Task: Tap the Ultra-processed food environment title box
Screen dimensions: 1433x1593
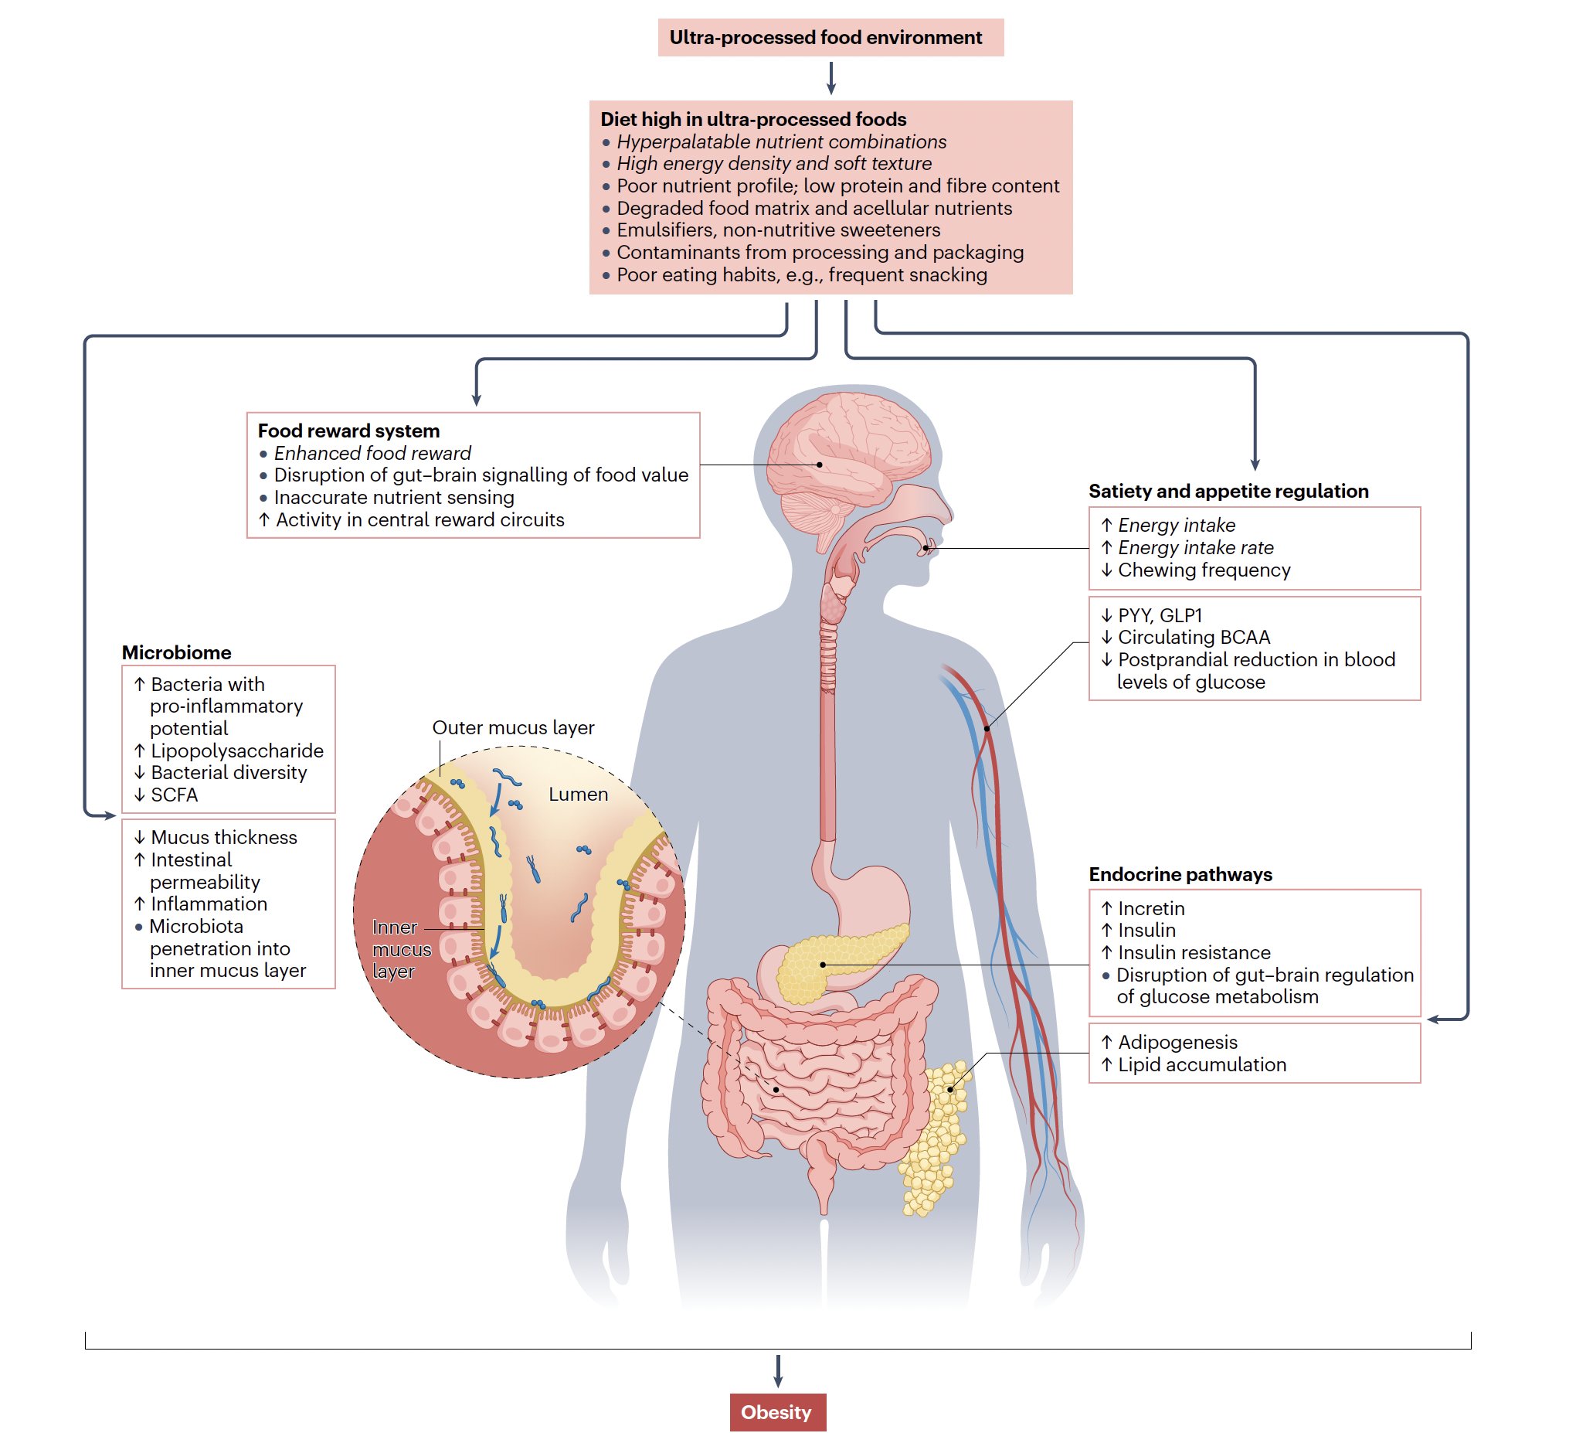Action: [x=830, y=38]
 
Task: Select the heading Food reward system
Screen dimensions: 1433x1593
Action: [x=348, y=431]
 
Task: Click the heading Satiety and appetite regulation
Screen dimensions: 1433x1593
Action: [x=1228, y=492]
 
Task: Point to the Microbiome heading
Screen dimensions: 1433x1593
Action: [x=176, y=652]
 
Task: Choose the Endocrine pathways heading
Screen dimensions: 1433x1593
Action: [x=1180, y=874]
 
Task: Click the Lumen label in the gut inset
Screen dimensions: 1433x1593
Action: [x=578, y=795]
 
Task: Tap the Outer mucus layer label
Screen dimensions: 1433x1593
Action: [x=513, y=727]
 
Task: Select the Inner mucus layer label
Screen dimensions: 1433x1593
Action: [x=400, y=949]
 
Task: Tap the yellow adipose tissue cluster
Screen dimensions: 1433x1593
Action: [x=936, y=1142]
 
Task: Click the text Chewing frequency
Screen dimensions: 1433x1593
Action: [x=1204, y=570]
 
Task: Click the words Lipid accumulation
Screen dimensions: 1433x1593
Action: [x=1202, y=1064]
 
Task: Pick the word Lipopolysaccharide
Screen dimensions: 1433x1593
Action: [x=237, y=751]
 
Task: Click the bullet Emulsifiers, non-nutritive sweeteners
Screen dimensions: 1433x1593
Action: [x=778, y=230]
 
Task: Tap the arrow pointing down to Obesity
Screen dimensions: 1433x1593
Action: [x=778, y=1371]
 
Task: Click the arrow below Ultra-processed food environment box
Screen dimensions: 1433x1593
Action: [x=830, y=78]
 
